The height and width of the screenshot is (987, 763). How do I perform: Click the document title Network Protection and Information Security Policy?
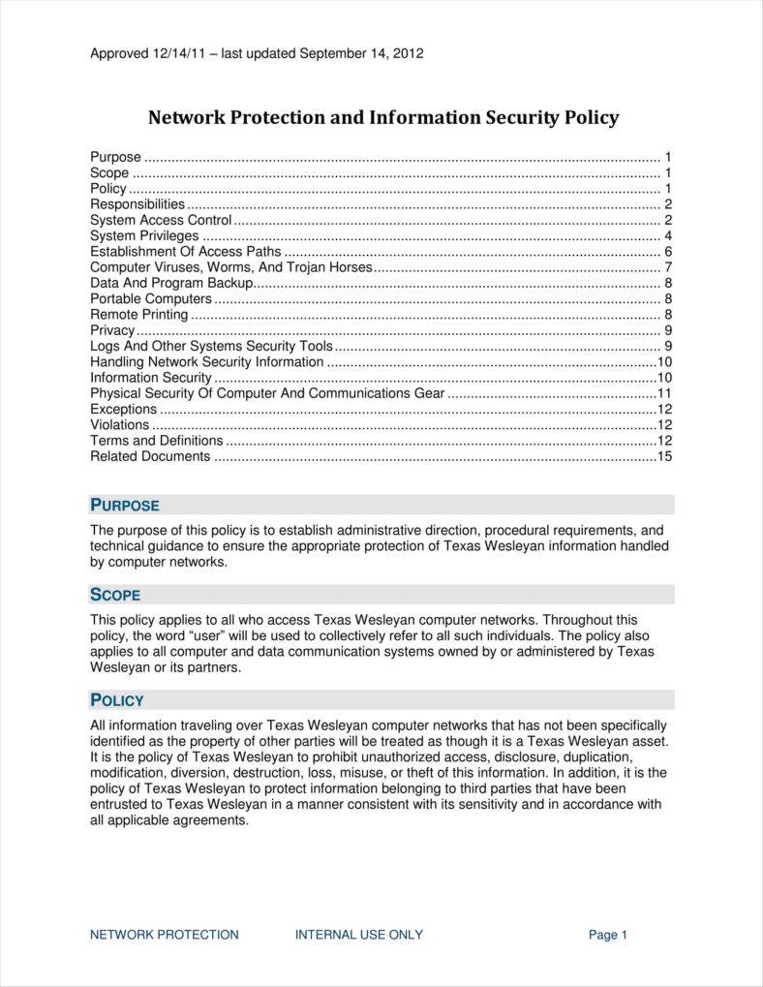[382, 118]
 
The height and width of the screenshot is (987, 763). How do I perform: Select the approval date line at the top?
[257, 53]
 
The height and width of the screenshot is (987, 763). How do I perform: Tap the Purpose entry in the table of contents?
[115, 157]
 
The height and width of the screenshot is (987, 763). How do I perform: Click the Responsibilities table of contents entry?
[137, 204]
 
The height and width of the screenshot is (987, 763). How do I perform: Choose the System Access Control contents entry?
[161, 220]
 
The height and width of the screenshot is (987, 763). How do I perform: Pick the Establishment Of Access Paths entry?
[186, 252]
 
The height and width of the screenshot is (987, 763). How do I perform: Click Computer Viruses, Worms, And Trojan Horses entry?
[231, 267]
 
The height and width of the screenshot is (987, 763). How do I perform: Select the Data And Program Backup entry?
[171, 283]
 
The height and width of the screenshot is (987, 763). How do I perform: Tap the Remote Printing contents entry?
[139, 315]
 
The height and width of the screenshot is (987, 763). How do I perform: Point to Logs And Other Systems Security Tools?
[211, 346]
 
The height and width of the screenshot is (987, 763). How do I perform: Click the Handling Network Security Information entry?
[207, 361]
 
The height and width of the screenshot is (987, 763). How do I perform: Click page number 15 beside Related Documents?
[664, 456]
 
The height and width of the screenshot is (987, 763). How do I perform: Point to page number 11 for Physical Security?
[664, 393]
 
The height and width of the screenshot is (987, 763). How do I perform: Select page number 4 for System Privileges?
[668, 236]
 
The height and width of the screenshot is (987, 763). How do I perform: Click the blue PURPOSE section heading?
[125, 505]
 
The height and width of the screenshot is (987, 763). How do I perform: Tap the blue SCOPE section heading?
[115, 595]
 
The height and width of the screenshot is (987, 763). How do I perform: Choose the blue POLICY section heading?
[117, 700]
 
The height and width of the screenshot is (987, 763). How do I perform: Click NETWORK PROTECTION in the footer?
[165, 935]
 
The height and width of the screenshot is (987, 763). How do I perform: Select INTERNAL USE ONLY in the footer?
[359, 935]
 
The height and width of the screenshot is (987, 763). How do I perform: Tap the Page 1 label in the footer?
[608, 935]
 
